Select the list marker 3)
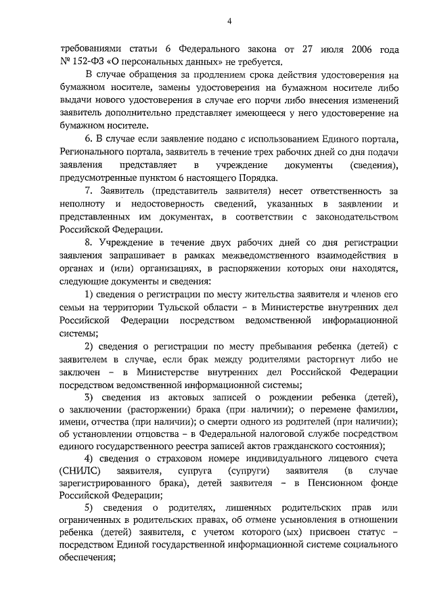coord(89,396)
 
